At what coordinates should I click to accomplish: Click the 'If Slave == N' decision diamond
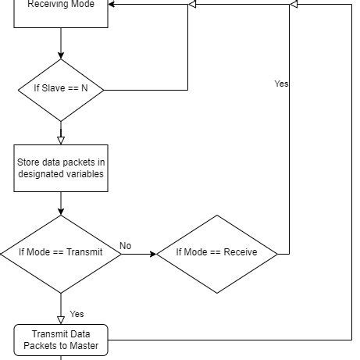61,91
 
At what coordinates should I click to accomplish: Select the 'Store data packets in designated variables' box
61,168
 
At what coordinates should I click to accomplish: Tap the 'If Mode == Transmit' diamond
61,254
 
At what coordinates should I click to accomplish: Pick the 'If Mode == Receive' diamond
217,254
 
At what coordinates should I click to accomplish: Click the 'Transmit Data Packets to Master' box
61,340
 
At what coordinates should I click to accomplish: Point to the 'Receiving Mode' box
61,13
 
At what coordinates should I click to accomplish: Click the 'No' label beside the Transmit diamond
126,246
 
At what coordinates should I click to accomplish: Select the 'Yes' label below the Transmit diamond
77,314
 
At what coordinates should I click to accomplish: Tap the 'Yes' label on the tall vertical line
281,84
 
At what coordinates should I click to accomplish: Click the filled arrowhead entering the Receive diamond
153,254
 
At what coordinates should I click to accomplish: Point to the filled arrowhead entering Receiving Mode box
112,4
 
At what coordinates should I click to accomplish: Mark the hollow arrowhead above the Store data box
61,141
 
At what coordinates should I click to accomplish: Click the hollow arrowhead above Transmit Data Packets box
61,320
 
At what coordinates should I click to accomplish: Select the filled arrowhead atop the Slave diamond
61,55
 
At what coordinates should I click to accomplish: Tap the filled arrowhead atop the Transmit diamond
61,212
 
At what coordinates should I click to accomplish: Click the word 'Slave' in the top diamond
53,88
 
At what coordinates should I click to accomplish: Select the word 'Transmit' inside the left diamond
84,252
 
